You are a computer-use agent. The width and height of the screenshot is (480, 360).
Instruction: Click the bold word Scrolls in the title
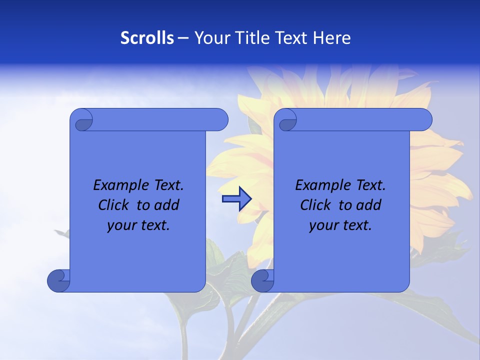click(147, 38)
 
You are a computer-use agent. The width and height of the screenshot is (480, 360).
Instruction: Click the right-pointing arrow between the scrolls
click(236, 199)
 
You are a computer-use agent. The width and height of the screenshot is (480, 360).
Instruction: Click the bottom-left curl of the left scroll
click(58, 280)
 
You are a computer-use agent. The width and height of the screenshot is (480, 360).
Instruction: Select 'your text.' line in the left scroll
click(138, 225)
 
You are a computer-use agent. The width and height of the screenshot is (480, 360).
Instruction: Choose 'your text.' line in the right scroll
click(340, 225)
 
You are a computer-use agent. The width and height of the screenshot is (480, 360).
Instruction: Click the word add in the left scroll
click(167, 205)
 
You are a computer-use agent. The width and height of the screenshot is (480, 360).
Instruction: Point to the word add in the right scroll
click(369, 205)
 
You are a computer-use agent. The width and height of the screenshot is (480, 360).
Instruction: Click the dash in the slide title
click(183, 38)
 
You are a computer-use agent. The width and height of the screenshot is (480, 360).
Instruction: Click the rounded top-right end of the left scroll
click(220, 120)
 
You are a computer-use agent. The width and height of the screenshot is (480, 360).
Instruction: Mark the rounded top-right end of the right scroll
click(424, 120)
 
